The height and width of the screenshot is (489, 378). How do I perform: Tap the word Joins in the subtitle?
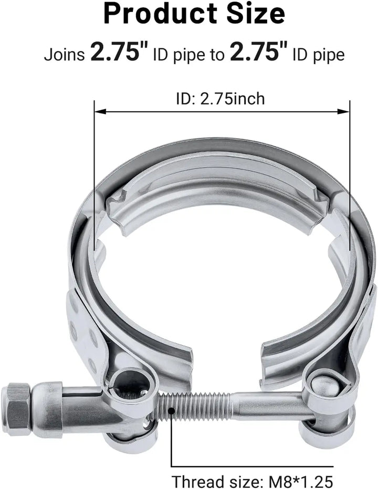click(64, 55)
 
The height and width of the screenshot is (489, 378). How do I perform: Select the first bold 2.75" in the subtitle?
click(119, 52)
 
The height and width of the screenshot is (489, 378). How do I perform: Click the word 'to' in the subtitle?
click(218, 55)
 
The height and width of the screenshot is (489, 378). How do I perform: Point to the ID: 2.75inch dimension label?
click(220, 99)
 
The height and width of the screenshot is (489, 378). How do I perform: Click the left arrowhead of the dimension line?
click(100, 111)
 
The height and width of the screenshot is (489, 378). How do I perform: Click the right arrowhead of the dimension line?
click(343, 111)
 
